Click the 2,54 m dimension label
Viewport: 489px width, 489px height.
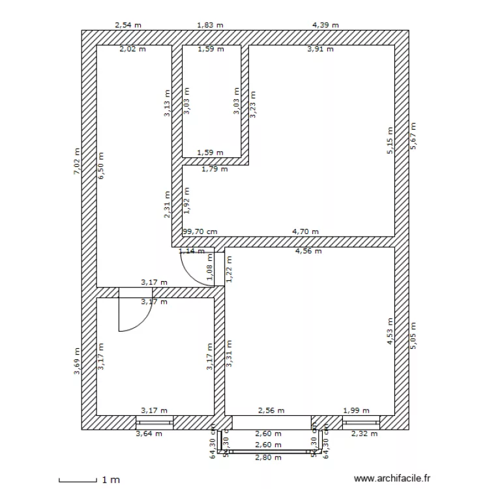click(128, 25)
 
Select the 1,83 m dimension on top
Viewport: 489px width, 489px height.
click(210, 25)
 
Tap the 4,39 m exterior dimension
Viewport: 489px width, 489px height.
click(325, 25)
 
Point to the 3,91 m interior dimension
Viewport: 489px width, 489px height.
click(320, 49)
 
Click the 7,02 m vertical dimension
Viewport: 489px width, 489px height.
click(76, 160)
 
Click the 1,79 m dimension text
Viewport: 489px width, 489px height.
click(215, 170)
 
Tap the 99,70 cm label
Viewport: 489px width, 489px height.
click(200, 231)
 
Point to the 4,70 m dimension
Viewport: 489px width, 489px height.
click(305, 231)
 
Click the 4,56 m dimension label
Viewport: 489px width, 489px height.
click(308, 251)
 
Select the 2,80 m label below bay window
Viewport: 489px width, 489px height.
click(268, 458)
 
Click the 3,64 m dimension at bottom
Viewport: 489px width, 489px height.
click(148, 434)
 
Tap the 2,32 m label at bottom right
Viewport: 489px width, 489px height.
click(364, 434)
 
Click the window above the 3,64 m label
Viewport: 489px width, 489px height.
click(155, 422)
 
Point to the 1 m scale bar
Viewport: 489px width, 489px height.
click(77, 480)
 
